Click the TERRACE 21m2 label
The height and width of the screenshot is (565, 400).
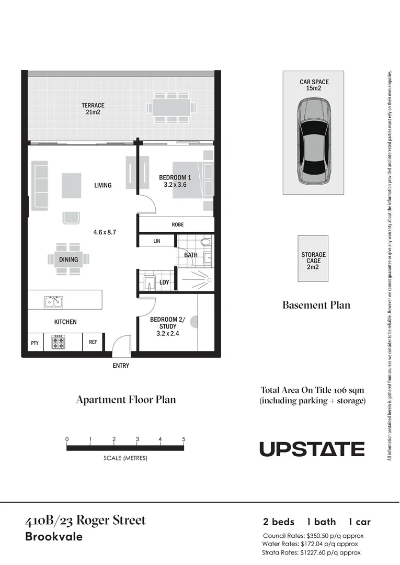point(93,109)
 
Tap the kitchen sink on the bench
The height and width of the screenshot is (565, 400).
point(53,302)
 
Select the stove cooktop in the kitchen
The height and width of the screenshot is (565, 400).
point(58,342)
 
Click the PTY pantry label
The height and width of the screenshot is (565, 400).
point(35,343)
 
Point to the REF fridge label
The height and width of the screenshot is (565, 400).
point(93,343)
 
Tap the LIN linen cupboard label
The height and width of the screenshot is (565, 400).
point(156,241)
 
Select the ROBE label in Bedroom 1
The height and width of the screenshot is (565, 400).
point(177,224)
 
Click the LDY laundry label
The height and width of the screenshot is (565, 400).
point(164,282)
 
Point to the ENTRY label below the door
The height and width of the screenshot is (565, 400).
point(121,366)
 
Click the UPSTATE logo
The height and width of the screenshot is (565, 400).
point(312,449)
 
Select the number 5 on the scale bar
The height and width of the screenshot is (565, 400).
point(184,439)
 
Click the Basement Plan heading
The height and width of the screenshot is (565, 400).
point(316,305)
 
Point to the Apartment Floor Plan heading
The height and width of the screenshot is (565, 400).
point(125,400)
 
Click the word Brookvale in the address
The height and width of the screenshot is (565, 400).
point(54,537)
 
